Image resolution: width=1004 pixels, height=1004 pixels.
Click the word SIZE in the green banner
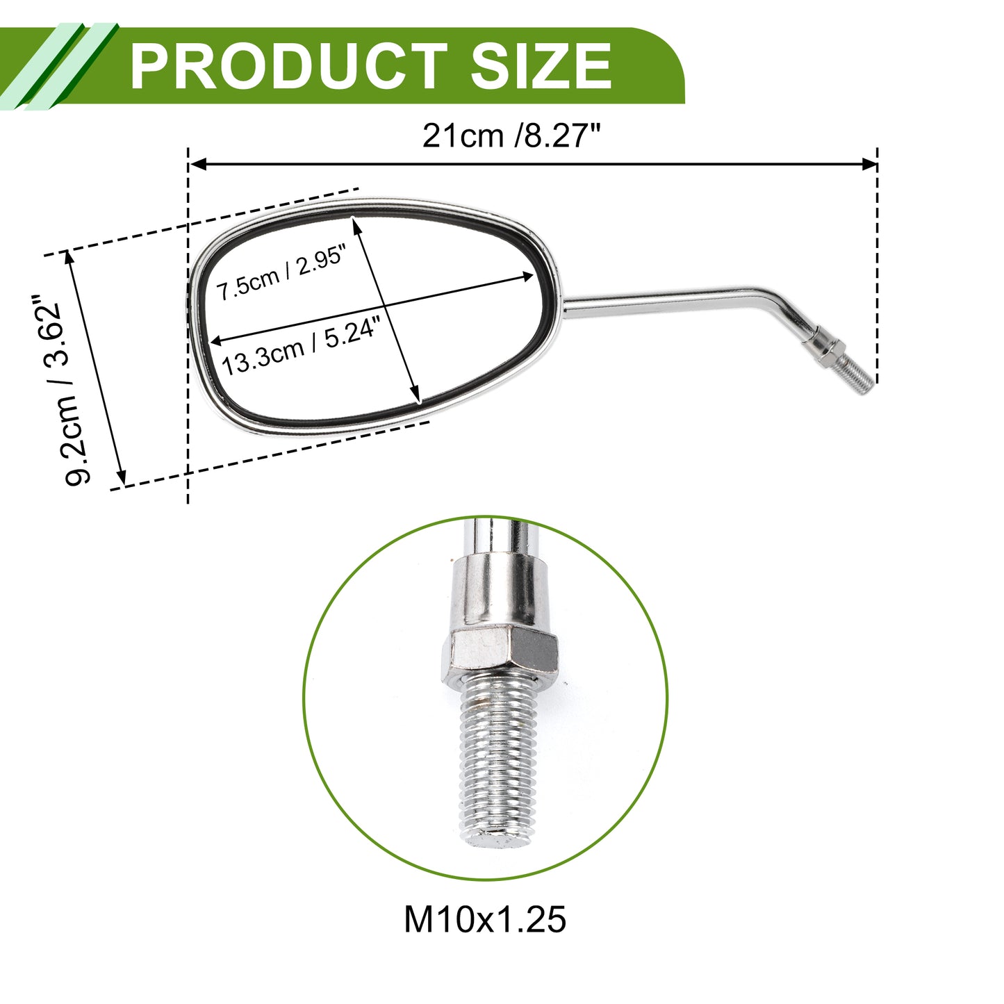coord(541,66)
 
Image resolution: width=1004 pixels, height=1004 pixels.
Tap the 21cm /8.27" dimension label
coord(511,136)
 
